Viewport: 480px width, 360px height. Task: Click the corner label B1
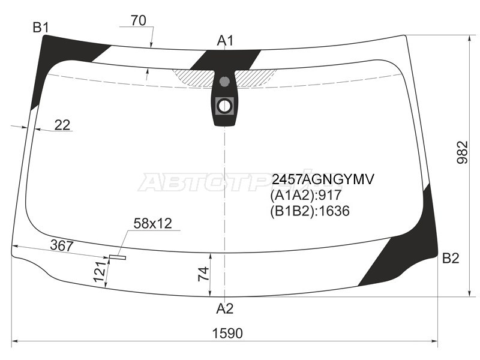click(x=41, y=27)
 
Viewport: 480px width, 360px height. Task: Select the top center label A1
click(x=225, y=41)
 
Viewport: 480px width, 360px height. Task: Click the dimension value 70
click(x=137, y=20)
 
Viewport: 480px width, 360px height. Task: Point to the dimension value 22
click(x=62, y=125)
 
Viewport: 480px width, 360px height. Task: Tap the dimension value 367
click(x=61, y=246)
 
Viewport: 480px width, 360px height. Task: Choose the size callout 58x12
click(x=152, y=224)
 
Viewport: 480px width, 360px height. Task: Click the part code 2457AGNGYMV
click(x=323, y=179)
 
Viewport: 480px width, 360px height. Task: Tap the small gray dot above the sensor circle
click(x=224, y=82)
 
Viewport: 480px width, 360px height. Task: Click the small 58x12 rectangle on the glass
click(x=118, y=258)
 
